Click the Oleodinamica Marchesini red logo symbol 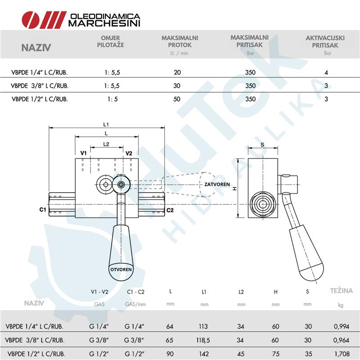pyautogui.click(x=44, y=20)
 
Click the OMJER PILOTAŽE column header pyautogui.click(x=110, y=41)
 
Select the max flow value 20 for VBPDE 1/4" pyautogui.click(x=177, y=72)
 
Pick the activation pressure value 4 pyautogui.click(x=326, y=72)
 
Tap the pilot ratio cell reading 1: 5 pyautogui.click(x=112, y=99)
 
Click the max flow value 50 pyautogui.click(x=177, y=99)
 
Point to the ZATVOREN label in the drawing pyautogui.click(x=217, y=184)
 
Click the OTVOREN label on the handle pyautogui.click(x=121, y=269)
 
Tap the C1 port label pyautogui.click(x=43, y=210)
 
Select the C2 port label pyautogui.click(x=170, y=210)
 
